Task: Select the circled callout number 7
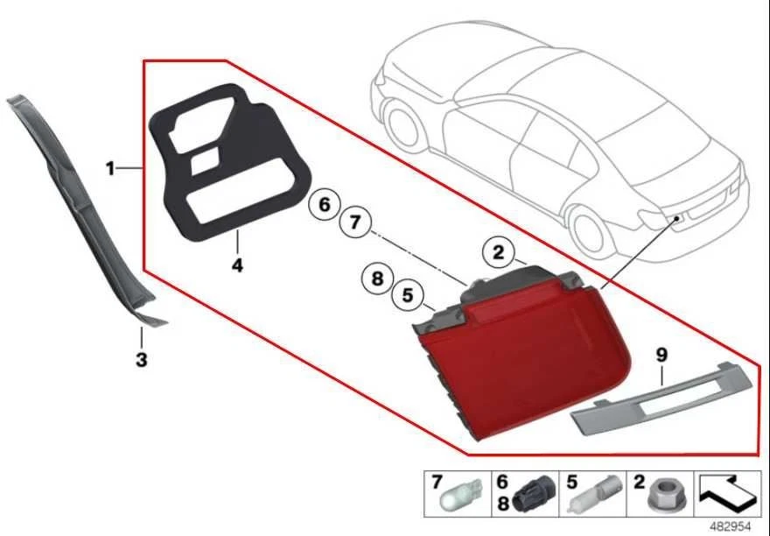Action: click(x=354, y=223)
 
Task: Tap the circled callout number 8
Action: click(x=376, y=279)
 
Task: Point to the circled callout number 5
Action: click(x=407, y=296)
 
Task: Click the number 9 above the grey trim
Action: click(x=661, y=355)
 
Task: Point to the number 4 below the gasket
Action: click(x=236, y=262)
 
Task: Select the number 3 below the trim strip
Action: click(x=141, y=358)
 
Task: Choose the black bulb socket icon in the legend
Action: click(x=533, y=497)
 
